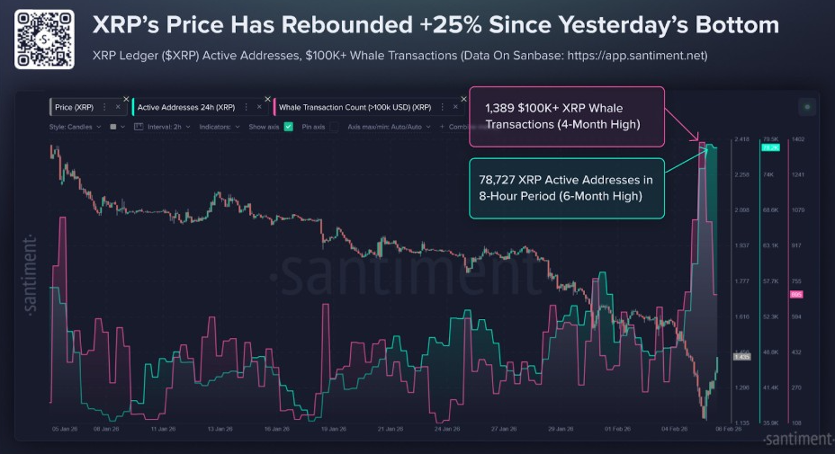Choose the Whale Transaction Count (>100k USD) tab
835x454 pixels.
pyautogui.click(x=355, y=107)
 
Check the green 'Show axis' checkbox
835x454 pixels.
pyautogui.click(x=288, y=127)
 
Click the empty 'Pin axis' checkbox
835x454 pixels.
pyautogui.click(x=335, y=127)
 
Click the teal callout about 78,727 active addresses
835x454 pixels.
pyautogui.click(x=566, y=187)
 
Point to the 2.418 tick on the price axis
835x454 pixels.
pyautogui.click(x=742, y=139)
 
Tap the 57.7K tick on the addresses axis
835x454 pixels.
pyautogui.click(x=769, y=281)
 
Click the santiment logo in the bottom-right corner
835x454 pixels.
pyautogui.click(x=796, y=439)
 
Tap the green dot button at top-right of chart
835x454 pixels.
pyautogui.click(x=806, y=107)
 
